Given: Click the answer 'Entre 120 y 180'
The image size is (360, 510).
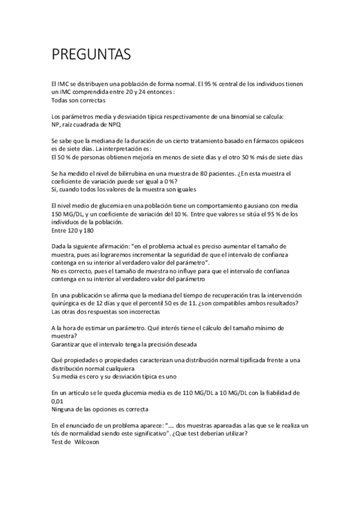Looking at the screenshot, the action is point(73,230).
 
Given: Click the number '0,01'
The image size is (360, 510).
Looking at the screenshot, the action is point(58,401).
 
